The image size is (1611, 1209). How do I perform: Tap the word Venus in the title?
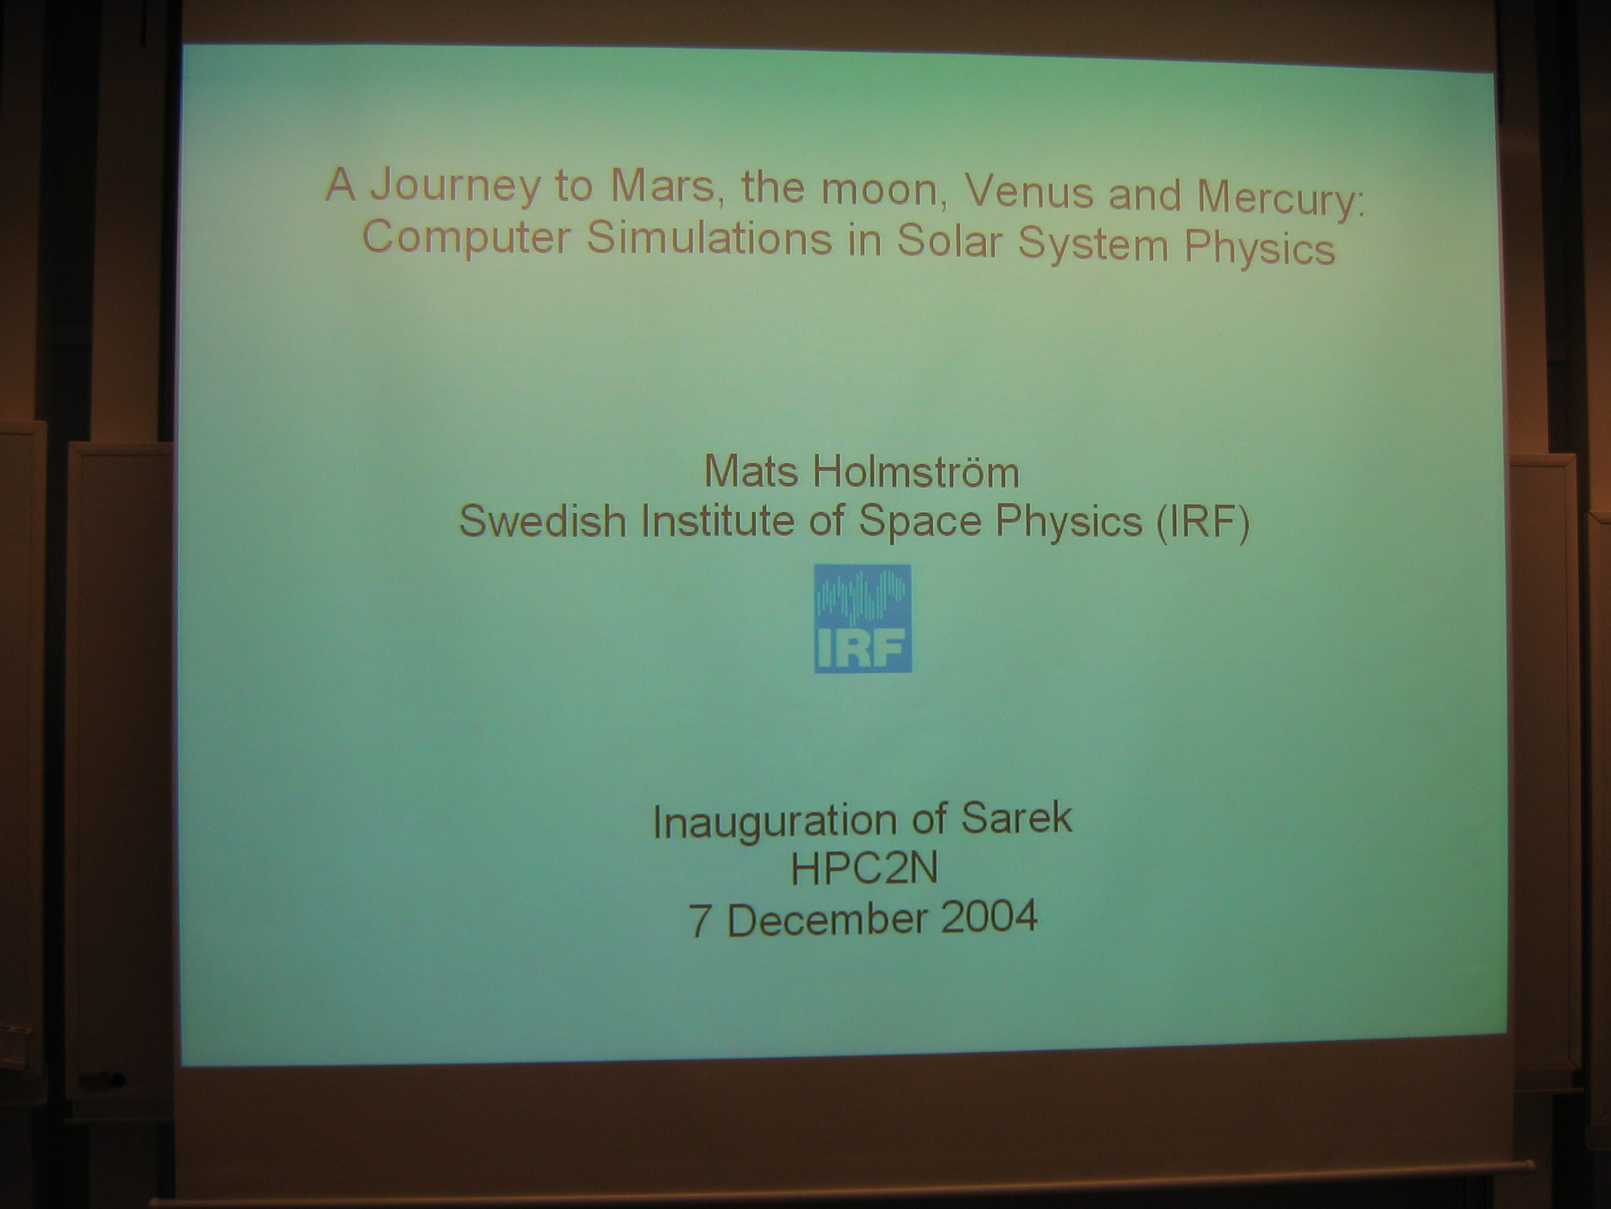pos(1027,192)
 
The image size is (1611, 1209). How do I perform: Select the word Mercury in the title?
pos(1281,196)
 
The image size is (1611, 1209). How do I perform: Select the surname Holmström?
pos(916,473)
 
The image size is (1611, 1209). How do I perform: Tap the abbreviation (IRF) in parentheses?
pos(1203,521)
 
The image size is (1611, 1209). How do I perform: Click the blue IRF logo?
pos(862,618)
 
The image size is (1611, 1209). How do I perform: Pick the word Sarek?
pos(1017,818)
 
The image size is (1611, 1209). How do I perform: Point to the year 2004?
pos(989,916)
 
